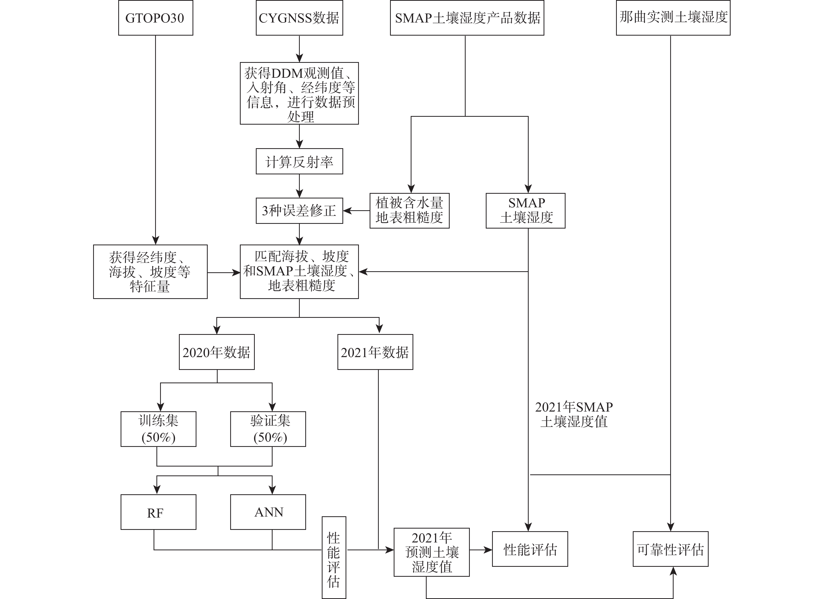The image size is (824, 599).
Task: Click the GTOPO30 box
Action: [x=155, y=18]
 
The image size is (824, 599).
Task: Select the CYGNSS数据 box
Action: [x=299, y=18]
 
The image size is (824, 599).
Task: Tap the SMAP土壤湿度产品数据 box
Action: [x=467, y=18]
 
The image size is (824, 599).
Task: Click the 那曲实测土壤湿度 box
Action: [x=673, y=18]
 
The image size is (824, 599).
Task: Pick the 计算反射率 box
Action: [x=299, y=161]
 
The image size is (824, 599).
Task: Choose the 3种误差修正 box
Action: [x=299, y=210]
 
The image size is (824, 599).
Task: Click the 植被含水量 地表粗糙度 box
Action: [x=409, y=210]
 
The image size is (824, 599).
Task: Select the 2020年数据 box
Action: [x=217, y=352]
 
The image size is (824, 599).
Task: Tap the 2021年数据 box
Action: [x=375, y=352]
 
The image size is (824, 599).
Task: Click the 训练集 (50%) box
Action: [x=159, y=429]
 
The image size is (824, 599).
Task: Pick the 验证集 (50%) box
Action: [x=268, y=429]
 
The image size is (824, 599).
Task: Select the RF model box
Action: [x=159, y=512]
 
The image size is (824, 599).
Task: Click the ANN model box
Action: [x=268, y=512]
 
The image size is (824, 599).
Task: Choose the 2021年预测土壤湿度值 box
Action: [x=432, y=552]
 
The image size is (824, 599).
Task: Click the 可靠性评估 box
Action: [x=670, y=549]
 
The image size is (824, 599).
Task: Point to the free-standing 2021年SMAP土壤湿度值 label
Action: [x=574, y=414]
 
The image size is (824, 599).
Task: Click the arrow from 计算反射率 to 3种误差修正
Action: [x=299, y=186]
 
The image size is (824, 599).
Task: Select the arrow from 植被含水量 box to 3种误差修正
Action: [x=356, y=210]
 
